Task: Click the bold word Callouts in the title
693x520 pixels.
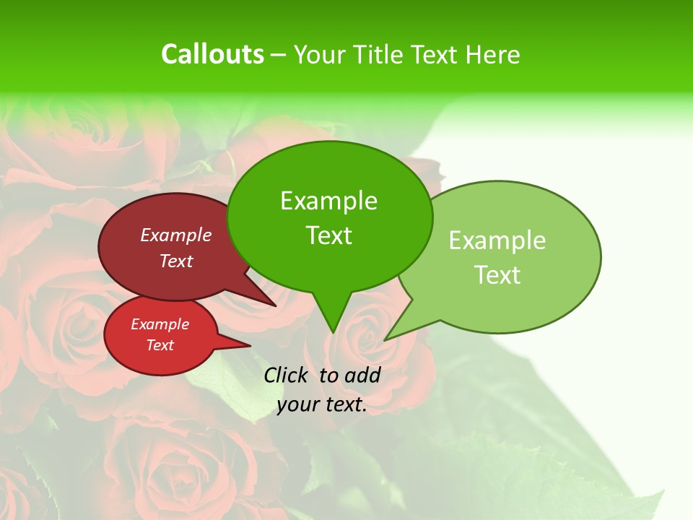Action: click(x=212, y=55)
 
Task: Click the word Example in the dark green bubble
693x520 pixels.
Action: click(x=328, y=201)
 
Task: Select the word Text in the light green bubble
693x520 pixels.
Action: click(x=497, y=275)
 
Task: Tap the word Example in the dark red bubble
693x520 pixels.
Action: click(x=175, y=235)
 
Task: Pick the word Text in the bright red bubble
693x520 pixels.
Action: click(x=160, y=345)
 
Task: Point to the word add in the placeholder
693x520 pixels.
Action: click(x=362, y=375)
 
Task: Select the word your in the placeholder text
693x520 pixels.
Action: click(x=297, y=404)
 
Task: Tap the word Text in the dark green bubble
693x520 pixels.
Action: click(x=328, y=235)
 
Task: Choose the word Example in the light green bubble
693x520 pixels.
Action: click(x=497, y=240)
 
